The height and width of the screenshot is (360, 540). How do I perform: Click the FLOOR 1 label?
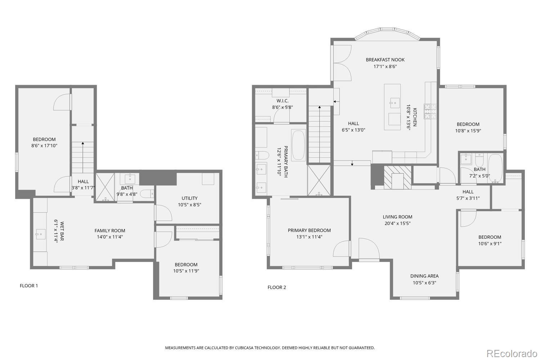pos(28,286)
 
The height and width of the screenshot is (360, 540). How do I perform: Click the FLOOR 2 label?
pos(276,287)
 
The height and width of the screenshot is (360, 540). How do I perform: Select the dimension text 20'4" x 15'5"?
pos(397,223)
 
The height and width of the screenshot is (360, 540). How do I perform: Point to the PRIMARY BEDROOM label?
pos(309,230)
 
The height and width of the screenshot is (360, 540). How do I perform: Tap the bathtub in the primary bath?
pos(298,145)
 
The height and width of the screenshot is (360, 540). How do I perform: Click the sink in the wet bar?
pos(40,234)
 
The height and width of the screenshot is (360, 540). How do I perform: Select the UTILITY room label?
pos(189,198)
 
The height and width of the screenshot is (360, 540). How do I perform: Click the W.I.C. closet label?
pos(282,101)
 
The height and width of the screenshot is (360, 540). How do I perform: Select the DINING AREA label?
pos(424,276)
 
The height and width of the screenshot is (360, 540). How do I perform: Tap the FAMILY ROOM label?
pos(110,231)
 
